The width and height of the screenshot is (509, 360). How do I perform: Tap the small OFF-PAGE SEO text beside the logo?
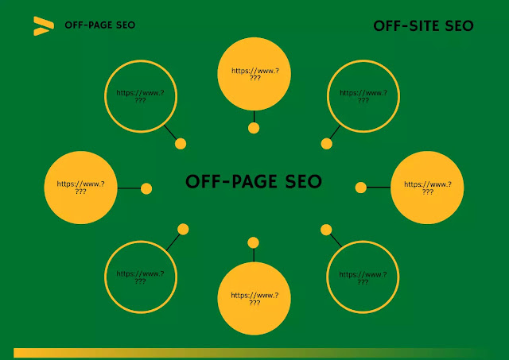point(100,25)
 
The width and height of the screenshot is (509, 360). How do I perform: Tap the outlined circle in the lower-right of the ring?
point(363,277)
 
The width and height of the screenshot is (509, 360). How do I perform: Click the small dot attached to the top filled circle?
point(254,128)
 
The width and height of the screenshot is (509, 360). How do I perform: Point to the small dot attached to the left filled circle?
point(146,188)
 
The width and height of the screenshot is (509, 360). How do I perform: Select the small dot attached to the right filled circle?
point(361,188)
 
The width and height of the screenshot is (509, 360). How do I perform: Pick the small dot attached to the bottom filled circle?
point(254,242)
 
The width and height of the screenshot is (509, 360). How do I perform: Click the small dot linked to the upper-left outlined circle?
point(181,144)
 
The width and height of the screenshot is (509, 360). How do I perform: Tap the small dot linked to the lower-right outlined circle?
point(325,230)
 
